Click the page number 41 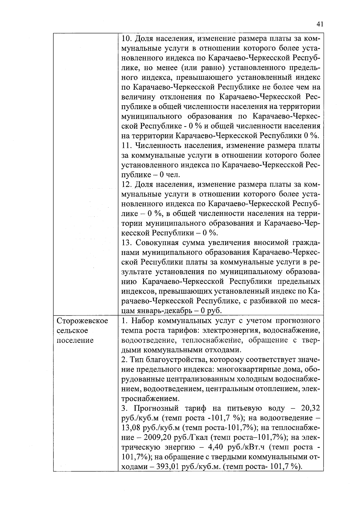pos(319,24)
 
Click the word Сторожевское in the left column pos(82,321)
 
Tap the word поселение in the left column pos(75,340)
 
